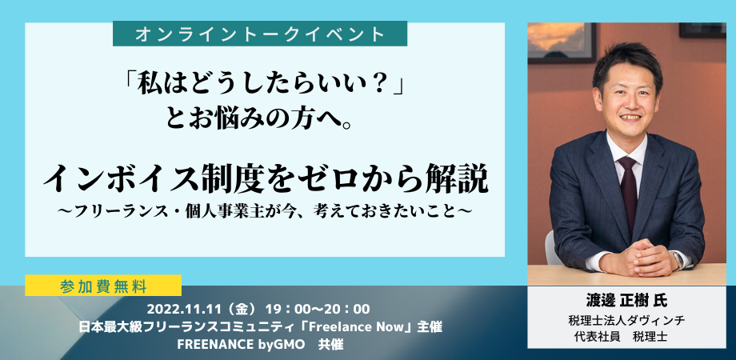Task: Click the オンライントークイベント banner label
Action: point(259,34)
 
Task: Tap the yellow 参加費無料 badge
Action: point(103,286)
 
